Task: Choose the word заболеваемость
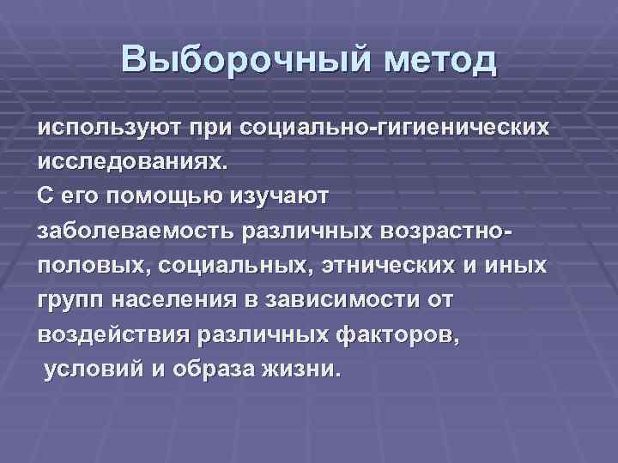pos(137,231)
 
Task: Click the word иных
pos(515,266)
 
